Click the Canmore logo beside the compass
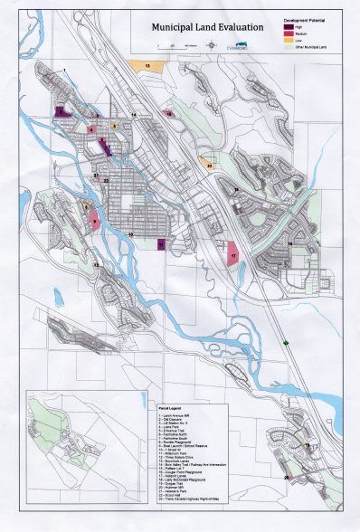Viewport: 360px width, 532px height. click(242, 47)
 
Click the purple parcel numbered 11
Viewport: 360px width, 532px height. click(161, 243)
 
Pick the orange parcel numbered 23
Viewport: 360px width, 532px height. click(208, 160)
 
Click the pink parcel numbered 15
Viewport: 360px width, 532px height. click(170, 113)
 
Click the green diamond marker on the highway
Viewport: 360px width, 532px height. click(288, 342)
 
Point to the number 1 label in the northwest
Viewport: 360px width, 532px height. click(64, 70)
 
